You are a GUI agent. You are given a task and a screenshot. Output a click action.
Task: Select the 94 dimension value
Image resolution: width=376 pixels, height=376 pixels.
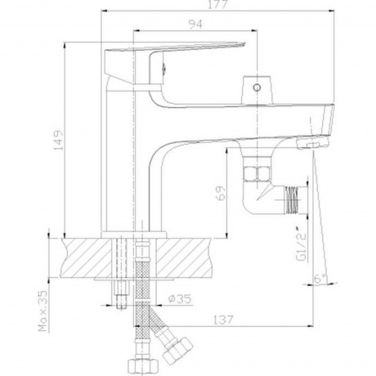[x=195, y=25]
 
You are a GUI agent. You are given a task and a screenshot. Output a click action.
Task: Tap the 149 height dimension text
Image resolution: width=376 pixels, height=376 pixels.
[x=58, y=140]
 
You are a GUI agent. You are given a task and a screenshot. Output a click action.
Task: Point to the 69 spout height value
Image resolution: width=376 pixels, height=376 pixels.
[x=222, y=193]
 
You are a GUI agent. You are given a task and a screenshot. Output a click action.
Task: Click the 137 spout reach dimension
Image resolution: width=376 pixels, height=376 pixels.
[x=223, y=320]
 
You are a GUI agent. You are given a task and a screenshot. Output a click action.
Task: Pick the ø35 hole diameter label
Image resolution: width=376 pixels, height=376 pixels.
[x=180, y=299]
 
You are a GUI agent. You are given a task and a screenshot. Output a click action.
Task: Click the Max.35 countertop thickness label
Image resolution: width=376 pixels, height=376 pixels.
[x=43, y=311]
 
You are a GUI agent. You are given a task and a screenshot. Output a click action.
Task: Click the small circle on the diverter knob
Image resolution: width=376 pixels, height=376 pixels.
[x=257, y=87]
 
